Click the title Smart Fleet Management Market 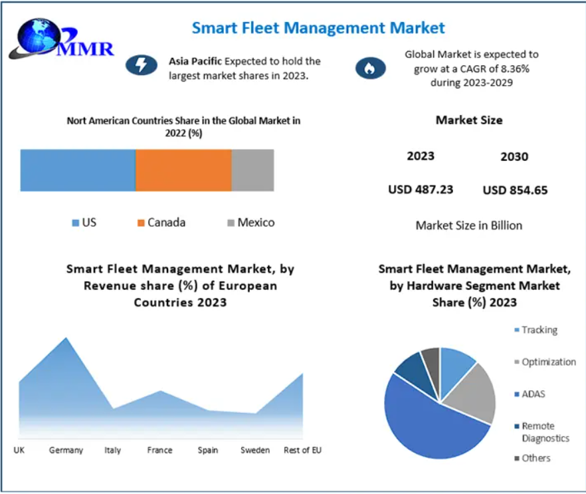click(x=318, y=28)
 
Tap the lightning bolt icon click(x=142, y=64)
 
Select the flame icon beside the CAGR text click(x=370, y=68)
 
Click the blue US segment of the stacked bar click(x=78, y=170)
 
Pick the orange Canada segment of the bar click(x=183, y=170)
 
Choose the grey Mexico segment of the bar click(x=252, y=170)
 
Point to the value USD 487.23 click(x=421, y=189)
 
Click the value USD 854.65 click(x=515, y=190)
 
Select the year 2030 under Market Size click(x=514, y=157)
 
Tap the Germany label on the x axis click(x=66, y=450)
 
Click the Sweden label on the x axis click(x=255, y=450)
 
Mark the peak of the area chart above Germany click(x=66, y=338)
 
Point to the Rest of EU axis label click(x=302, y=450)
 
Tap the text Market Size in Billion click(x=469, y=225)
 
